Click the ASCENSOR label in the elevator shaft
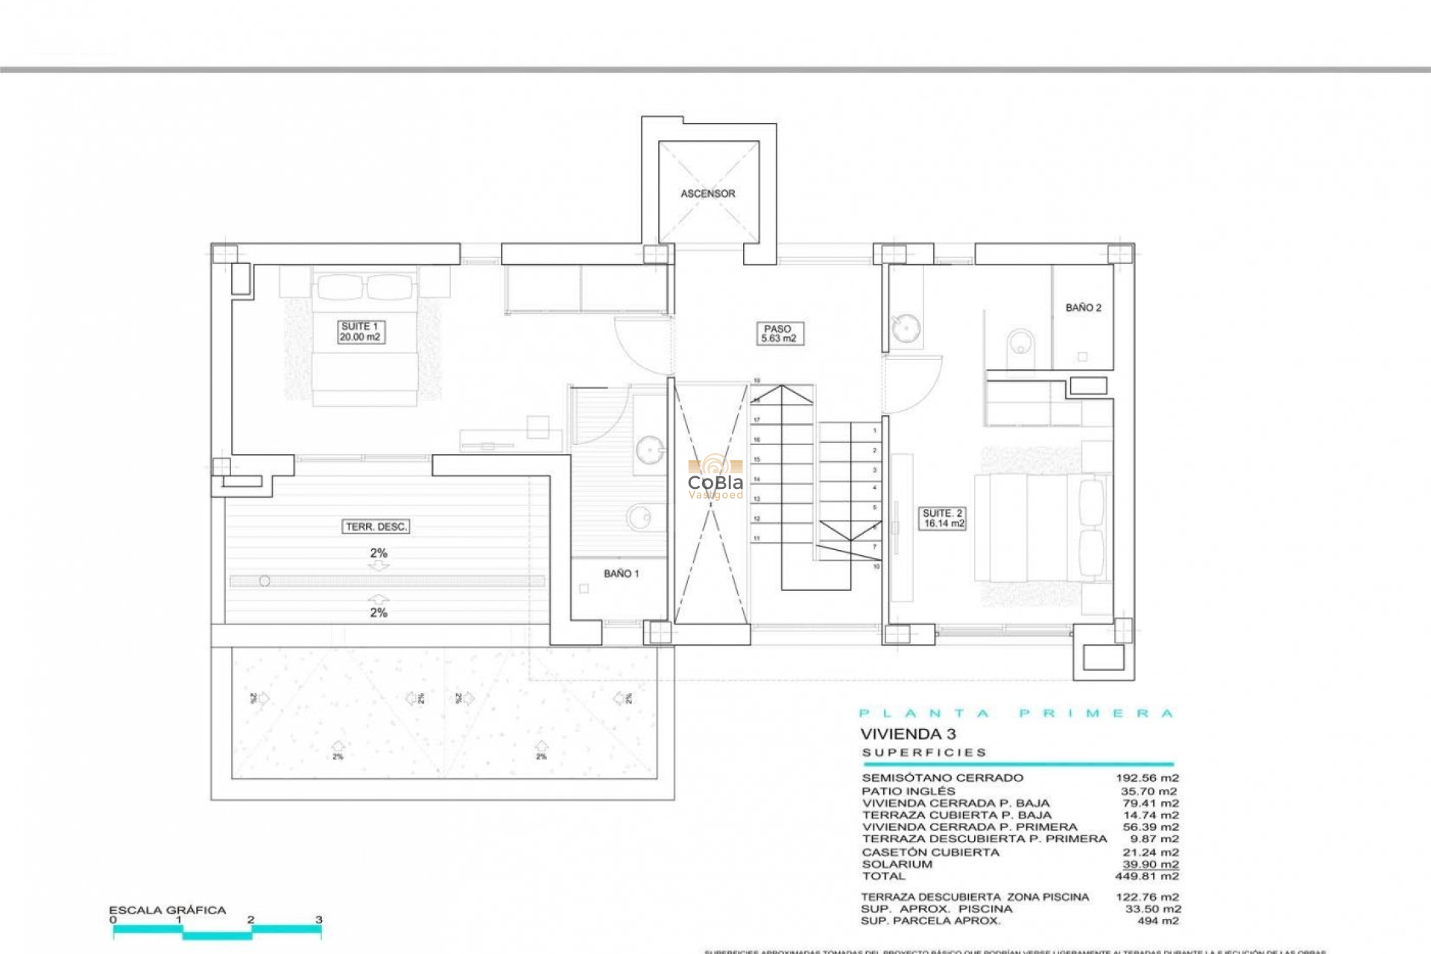[x=707, y=194]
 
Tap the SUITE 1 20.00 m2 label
[x=360, y=332]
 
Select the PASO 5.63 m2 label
[x=778, y=333]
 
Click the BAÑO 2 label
[x=1083, y=308]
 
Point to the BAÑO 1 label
[x=621, y=574]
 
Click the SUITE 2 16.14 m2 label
[x=943, y=519]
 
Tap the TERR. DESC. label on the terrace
[x=376, y=527]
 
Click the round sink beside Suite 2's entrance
[x=906, y=328]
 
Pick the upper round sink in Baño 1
[x=650, y=451]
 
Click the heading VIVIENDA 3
[x=908, y=734]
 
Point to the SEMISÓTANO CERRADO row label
[x=942, y=778]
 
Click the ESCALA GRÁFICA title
[x=167, y=910]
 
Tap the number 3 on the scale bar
[x=319, y=920]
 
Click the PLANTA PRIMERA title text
[x=1017, y=713]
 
